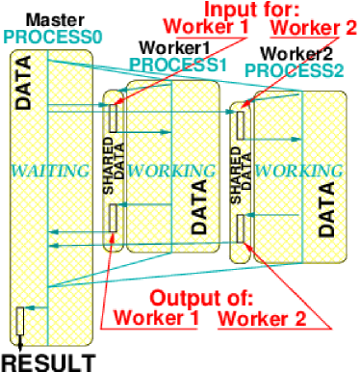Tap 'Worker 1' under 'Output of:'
(155, 316)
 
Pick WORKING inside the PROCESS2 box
(299, 171)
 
